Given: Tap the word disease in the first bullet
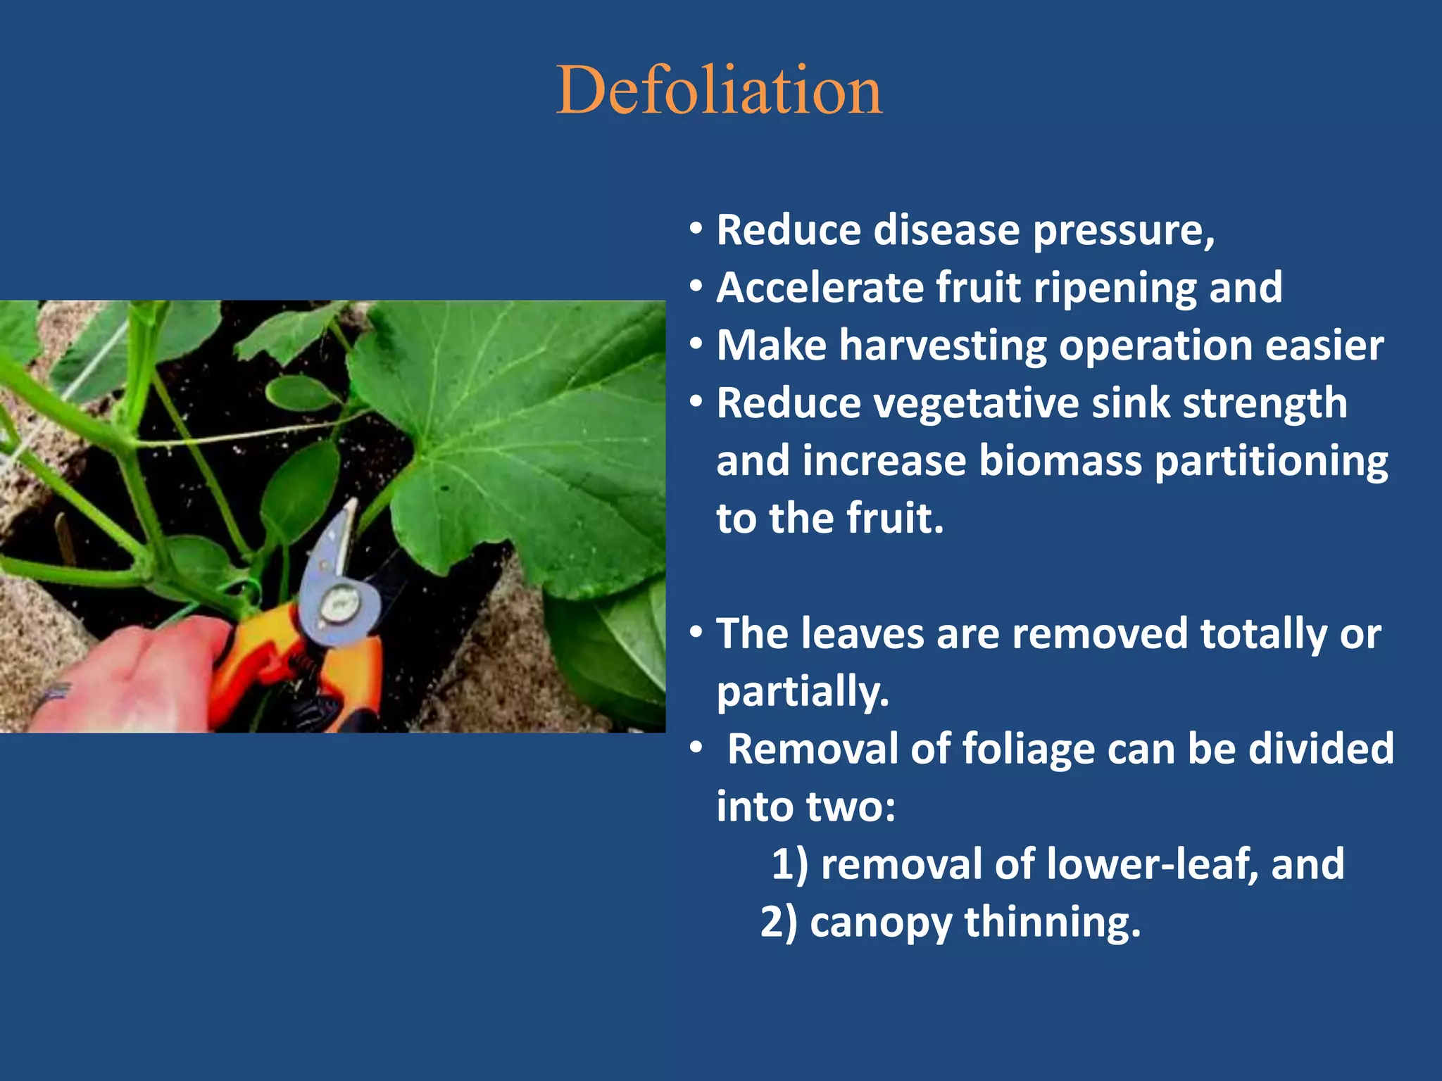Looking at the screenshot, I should coord(947,230).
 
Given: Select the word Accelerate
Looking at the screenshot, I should coord(820,288).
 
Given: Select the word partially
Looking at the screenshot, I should coord(803,693).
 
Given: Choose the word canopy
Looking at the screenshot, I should coord(881,923).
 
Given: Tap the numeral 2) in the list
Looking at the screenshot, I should coord(779,922).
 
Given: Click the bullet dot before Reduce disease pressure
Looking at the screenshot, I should coord(696,229).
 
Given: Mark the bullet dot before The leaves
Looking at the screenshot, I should coord(696,632).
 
